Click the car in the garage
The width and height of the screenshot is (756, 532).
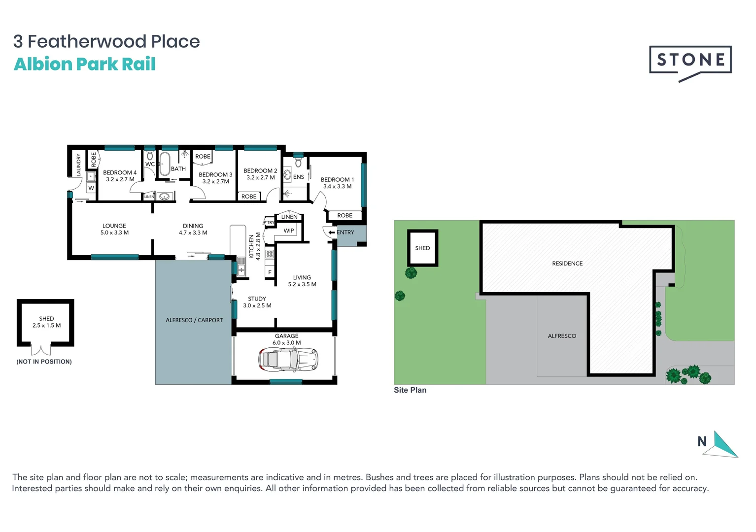pyautogui.click(x=288, y=359)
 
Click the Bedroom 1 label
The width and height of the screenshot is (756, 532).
pyautogui.click(x=337, y=180)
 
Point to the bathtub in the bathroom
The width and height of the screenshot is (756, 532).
pyautogui.click(x=164, y=164)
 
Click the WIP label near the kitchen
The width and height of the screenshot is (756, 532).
pyautogui.click(x=289, y=231)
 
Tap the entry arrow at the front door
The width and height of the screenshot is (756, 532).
pyautogui.click(x=332, y=233)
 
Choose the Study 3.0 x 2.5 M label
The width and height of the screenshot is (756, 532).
pyautogui.click(x=257, y=302)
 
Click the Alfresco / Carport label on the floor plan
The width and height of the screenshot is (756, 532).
pyautogui.click(x=194, y=320)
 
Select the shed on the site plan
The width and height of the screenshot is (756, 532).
pyautogui.click(x=422, y=248)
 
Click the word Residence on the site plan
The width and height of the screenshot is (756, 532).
pyautogui.click(x=567, y=264)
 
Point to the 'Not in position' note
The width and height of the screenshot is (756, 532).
pyautogui.click(x=44, y=362)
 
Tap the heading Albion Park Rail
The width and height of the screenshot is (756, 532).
pyautogui.click(x=85, y=64)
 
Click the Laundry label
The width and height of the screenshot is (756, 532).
pyautogui.click(x=78, y=165)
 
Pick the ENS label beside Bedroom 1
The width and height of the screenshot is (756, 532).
pyautogui.click(x=299, y=177)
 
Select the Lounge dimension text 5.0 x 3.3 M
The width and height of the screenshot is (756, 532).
pyautogui.click(x=114, y=233)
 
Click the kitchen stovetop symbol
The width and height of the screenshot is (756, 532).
pyautogui.click(x=270, y=254)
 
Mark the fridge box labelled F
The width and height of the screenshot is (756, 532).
pyautogui.click(x=270, y=272)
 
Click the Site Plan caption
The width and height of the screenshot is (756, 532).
pyautogui.click(x=410, y=390)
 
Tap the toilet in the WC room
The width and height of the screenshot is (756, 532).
pyautogui.click(x=150, y=156)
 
